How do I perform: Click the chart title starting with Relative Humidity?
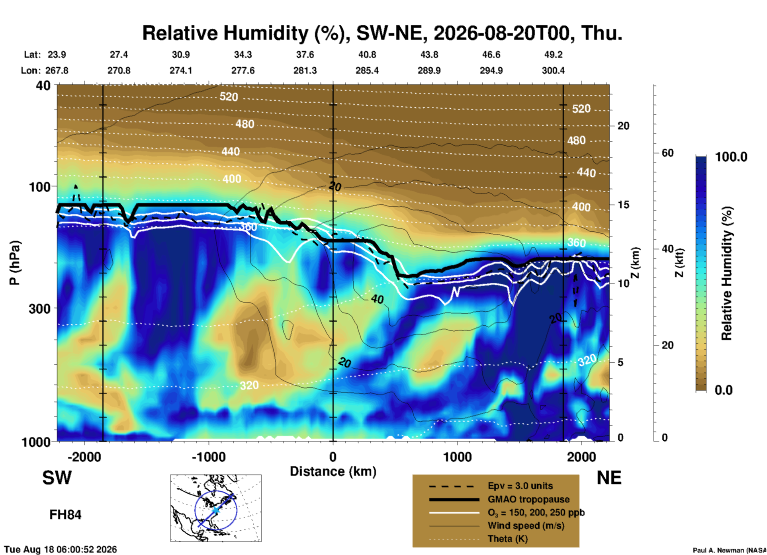point(382,33)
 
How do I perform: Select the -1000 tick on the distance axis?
point(209,457)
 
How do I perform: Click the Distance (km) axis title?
point(333,471)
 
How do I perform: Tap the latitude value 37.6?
point(305,55)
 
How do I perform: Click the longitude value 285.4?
point(367,71)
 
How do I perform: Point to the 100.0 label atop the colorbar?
point(731,157)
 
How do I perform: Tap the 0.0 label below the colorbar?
point(723,390)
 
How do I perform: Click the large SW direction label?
point(57,478)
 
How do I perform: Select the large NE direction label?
point(609,478)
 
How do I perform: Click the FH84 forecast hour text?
point(65,515)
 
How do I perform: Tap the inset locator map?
point(216,508)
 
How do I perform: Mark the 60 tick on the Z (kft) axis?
point(667,153)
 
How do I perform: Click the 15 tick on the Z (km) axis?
point(623,205)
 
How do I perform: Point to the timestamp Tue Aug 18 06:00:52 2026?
point(61,549)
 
